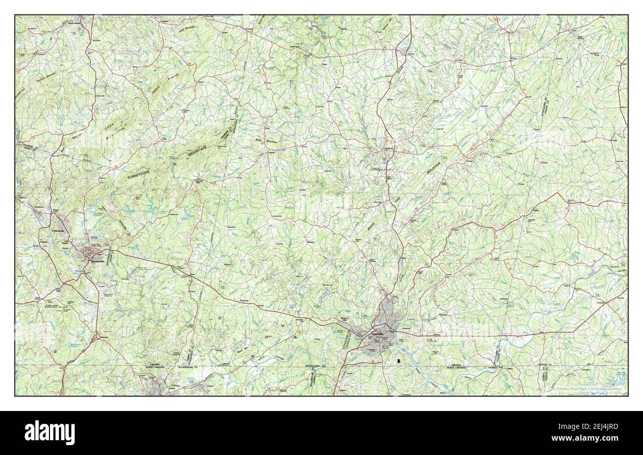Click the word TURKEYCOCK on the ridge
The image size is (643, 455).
click(x=145, y=175)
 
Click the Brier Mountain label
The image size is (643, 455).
click(x=267, y=140)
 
